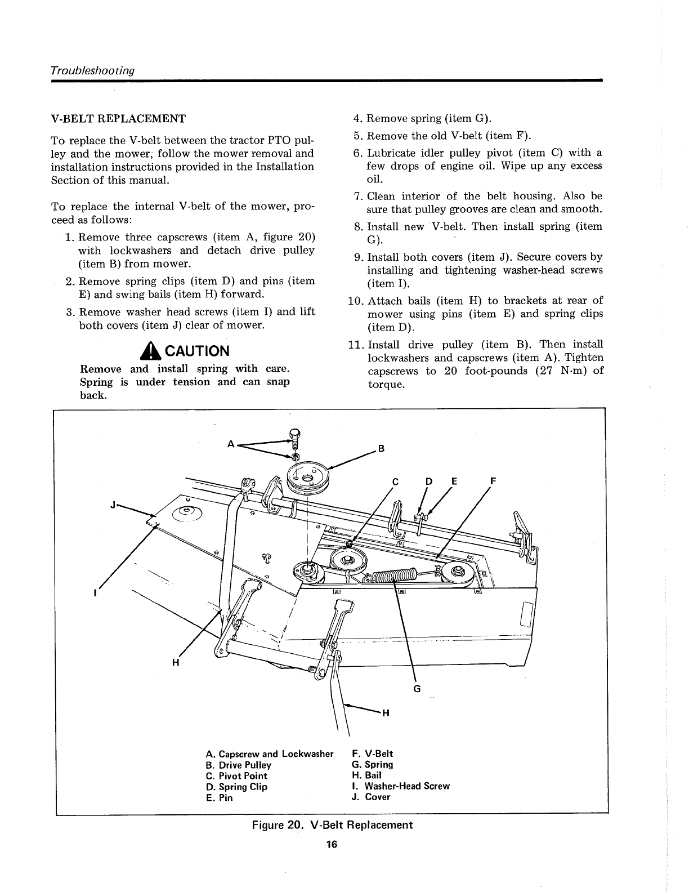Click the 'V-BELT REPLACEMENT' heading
(x=118, y=119)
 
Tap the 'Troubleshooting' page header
(x=93, y=71)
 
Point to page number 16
(x=331, y=845)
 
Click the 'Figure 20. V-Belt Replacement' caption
(x=332, y=825)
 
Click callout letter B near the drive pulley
(x=382, y=449)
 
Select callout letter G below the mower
(x=417, y=689)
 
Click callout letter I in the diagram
(x=96, y=594)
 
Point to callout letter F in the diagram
(x=494, y=481)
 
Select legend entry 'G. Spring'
(x=372, y=765)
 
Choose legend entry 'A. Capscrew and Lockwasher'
(x=270, y=754)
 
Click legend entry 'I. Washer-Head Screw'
(x=400, y=786)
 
